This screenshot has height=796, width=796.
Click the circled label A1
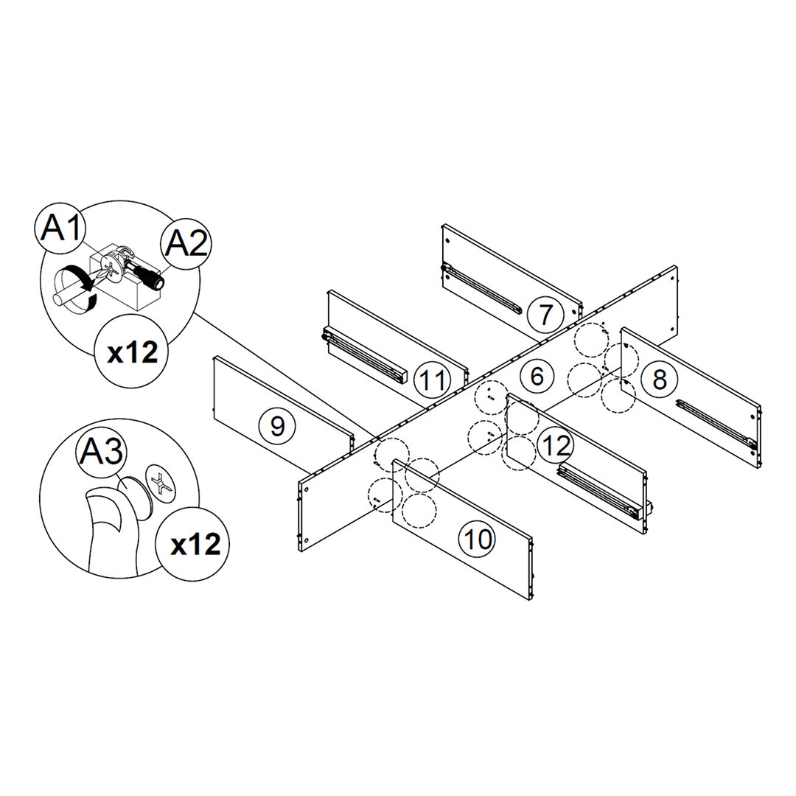pos(62,228)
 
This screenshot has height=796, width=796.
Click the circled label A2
pos(186,242)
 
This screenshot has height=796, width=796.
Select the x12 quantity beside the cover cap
pos(195,545)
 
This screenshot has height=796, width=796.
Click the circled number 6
pos(537,377)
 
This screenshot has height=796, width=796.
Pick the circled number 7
pos(545,315)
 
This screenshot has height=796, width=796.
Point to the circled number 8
pos(659,380)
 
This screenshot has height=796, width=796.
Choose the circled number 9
pos(276,425)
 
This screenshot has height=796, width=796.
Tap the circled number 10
pos(478,540)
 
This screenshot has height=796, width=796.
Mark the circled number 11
pos(432,380)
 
